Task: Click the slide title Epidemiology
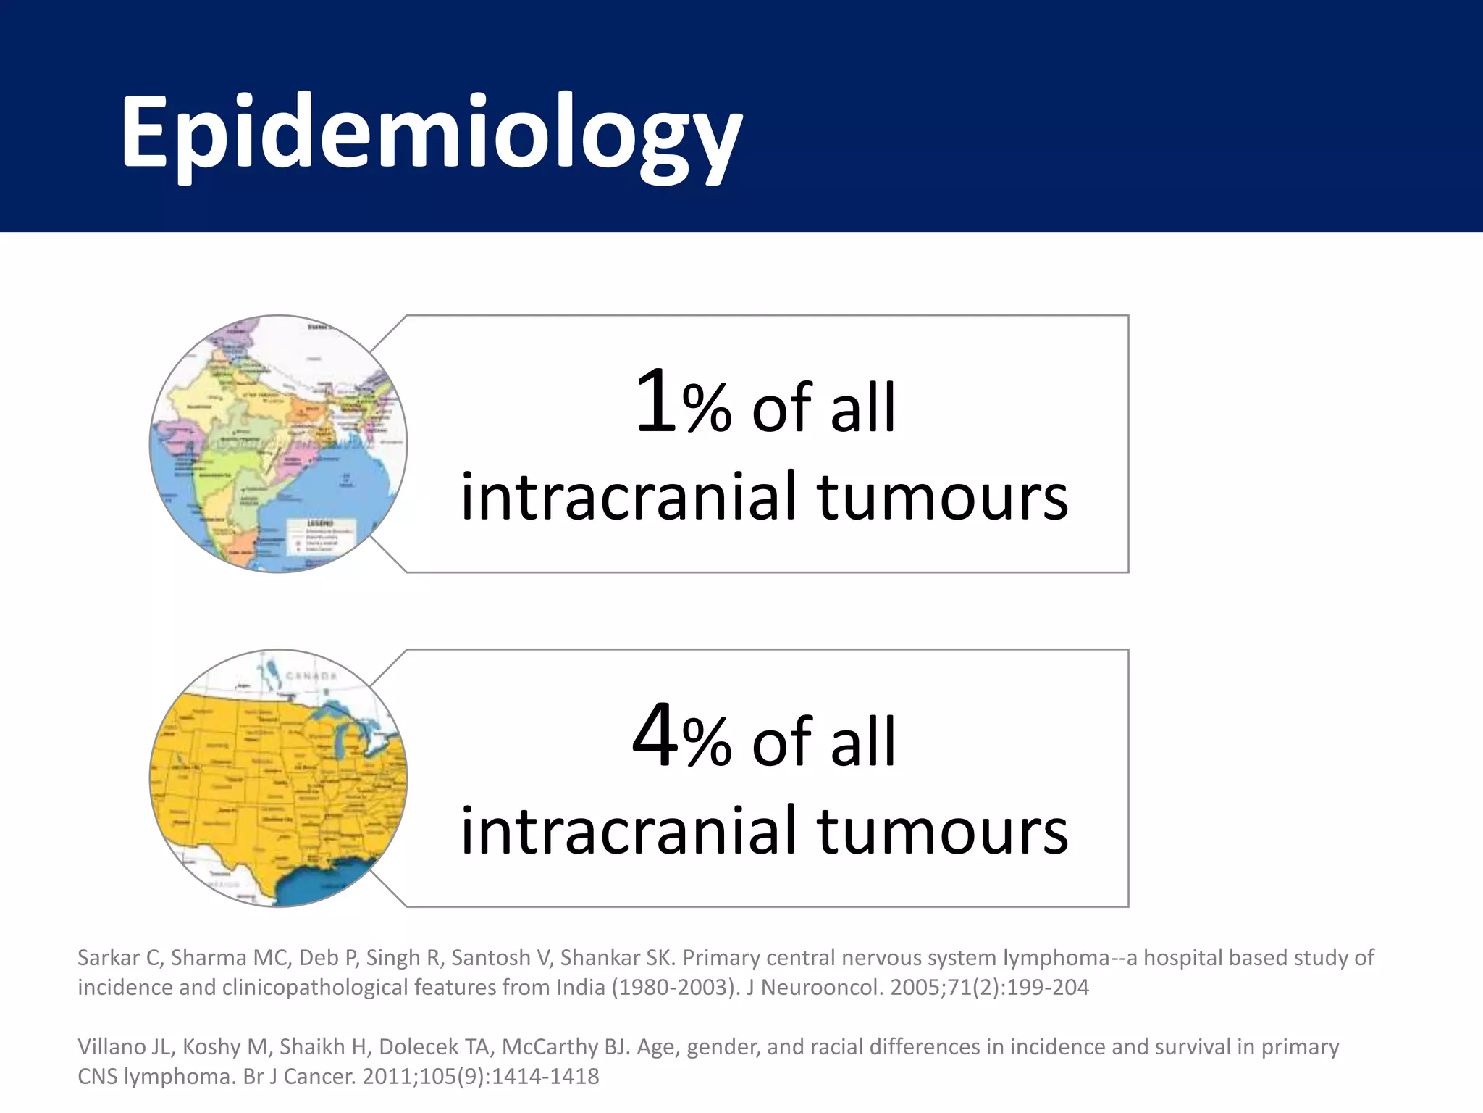[432, 132]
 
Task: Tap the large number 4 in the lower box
[655, 736]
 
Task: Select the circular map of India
[279, 443]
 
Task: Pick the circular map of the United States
[279, 778]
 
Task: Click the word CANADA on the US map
[311, 676]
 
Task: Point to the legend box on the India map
[322, 536]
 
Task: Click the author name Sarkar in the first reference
[108, 958]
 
